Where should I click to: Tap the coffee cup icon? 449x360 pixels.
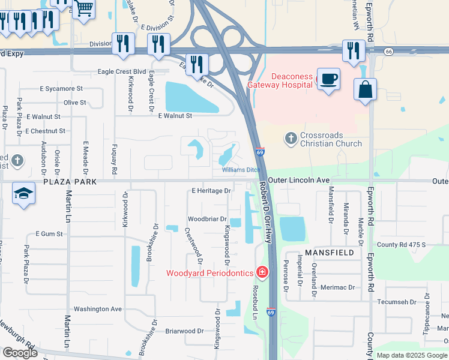click(x=328, y=79)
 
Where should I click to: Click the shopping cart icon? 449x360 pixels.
click(x=83, y=8)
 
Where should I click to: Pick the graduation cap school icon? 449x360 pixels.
click(x=23, y=193)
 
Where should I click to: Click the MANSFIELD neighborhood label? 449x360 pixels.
click(x=328, y=253)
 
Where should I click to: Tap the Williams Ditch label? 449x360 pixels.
click(x=241, y=170)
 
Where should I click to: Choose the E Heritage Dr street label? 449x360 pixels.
click(x=211, y=191)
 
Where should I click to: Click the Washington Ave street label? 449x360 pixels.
click(x=97, y=309)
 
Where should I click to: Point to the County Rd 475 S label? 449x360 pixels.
click(x=401, y=245)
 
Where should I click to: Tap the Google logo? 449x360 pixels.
click(x=20, y=353)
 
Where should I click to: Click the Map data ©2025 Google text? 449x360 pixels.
click(x=412, y=355)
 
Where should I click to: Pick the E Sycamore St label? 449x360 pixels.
click(x=61, y=89)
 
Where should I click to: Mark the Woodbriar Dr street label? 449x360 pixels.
click(x=206, y=219)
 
